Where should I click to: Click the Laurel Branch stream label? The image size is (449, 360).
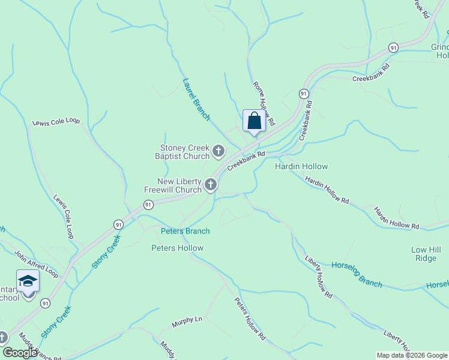(196, 99)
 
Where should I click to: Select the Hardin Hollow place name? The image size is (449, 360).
(301, 166)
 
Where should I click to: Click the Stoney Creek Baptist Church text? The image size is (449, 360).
(184, 152)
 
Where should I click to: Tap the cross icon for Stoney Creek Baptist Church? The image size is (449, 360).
(218, 151)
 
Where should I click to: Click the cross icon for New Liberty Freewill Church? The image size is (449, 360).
(210, 185)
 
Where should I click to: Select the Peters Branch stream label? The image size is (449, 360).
(185, 231)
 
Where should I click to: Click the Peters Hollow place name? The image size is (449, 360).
(177, 248)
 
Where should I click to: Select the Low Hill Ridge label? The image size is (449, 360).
(427, 254)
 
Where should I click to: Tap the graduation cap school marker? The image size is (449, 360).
(28, 281)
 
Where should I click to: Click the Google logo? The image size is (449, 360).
(20, 352)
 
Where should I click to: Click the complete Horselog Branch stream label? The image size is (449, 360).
(357, 274)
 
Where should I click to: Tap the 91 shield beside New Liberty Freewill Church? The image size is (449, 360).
(148, 205)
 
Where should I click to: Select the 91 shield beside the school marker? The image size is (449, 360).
(46, 304)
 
